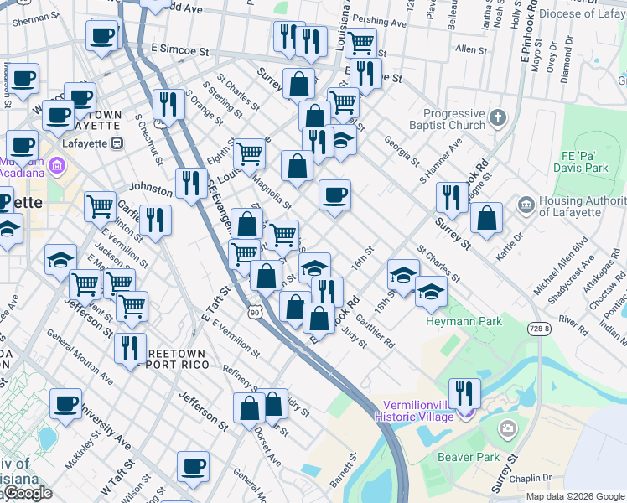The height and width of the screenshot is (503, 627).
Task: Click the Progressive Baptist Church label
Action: (x=454, y=119)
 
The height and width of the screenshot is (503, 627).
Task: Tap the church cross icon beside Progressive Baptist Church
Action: (x=498, y=118)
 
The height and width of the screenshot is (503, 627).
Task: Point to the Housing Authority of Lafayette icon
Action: (x=526, y=205)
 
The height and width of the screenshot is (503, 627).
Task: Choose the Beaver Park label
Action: (x=468, y=458)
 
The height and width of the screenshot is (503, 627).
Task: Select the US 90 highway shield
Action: (x=255, y=312)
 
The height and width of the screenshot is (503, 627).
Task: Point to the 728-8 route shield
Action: (x=539, y=329)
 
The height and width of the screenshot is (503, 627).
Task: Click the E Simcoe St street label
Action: (x=179, y=51)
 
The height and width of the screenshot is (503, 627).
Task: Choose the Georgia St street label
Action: (x=401, y=151)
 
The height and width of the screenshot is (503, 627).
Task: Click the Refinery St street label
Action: (x=237, y=373)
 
